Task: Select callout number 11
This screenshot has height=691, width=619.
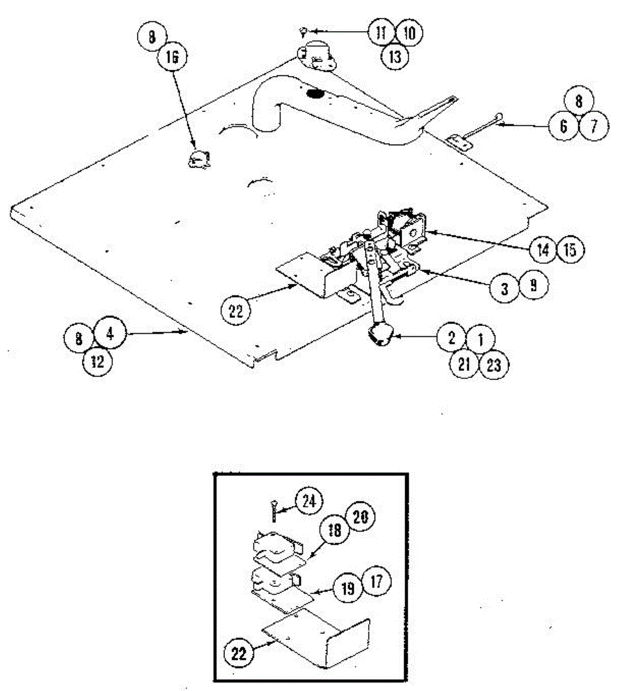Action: click(380, 33)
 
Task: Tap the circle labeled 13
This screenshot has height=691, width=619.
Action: click(395, 57)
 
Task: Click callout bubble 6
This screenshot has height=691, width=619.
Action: click(564, 126)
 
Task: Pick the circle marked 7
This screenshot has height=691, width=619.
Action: click(593, 126)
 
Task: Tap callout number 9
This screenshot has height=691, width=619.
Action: click(534, 286)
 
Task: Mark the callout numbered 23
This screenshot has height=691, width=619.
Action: click(494, 365)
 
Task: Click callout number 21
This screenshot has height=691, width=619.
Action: click(464, 365)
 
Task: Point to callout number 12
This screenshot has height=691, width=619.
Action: click(97, 362)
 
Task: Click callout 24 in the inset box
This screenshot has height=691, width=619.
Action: click(309, 501)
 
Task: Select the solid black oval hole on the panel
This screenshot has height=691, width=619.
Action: click(315, 93)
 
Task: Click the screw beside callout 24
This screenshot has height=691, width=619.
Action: click(272, 509)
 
